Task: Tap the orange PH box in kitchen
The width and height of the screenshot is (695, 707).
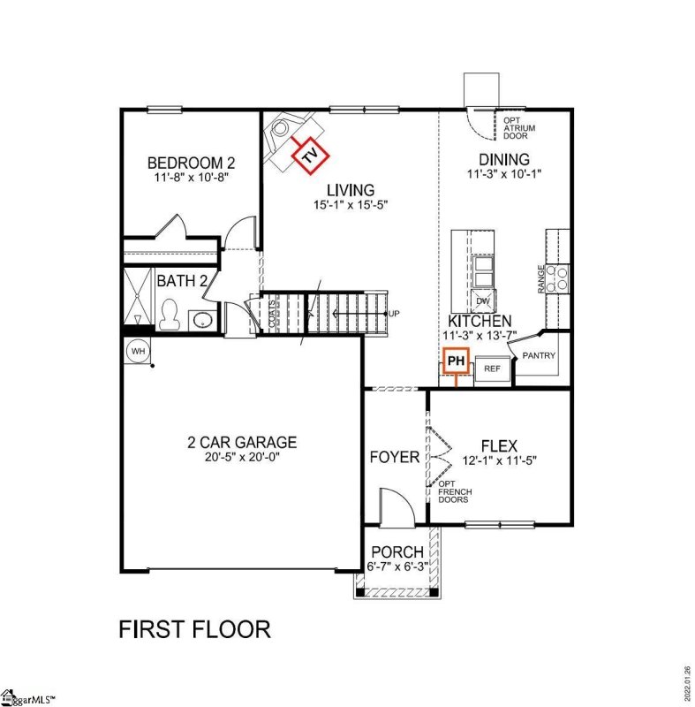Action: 456,361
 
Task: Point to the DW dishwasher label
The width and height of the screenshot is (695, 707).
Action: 483,300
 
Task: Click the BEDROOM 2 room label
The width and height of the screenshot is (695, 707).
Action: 191,163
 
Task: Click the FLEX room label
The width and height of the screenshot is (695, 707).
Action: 499,445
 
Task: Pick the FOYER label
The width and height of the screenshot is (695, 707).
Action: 394,457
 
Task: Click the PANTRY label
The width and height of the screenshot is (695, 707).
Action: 539,354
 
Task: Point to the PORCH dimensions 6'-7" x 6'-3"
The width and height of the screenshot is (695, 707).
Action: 397,566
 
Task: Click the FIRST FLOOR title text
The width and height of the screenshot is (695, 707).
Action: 194,629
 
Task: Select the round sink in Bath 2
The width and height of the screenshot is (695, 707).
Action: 202,319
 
